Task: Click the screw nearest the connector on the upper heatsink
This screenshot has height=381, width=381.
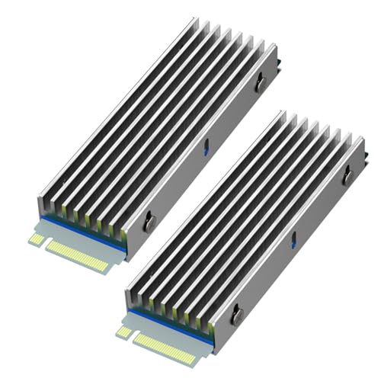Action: (149, 222)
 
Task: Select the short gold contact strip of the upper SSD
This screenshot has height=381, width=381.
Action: (34, 239)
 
